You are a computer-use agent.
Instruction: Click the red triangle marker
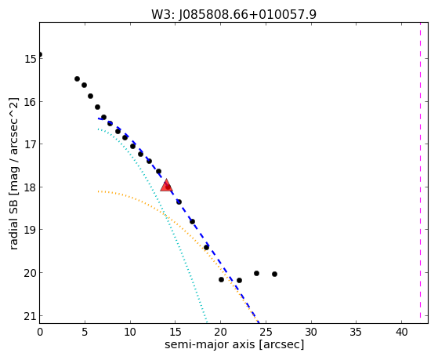[166, 185]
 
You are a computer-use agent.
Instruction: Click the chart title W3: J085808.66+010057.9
[233, 14]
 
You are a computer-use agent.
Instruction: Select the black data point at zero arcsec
[40, 55]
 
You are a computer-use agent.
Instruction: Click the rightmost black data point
[274, 275]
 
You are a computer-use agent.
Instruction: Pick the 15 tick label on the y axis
[31, 59]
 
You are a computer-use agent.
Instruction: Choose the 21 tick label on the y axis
[31, 316]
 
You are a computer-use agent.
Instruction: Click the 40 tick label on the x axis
[401, 332]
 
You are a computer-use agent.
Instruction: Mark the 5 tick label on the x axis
[85, 332]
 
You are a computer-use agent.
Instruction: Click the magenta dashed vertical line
[420, 173]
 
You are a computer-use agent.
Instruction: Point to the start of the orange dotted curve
[98, 191]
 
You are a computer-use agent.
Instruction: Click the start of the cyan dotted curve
[98, 129]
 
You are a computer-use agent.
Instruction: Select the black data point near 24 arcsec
[256, 273]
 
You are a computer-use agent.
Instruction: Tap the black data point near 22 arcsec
[239, 280]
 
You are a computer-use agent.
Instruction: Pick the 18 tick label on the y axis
[31, 187]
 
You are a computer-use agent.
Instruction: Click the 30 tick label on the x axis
[311, 332]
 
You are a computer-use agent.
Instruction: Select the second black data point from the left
[77, 79]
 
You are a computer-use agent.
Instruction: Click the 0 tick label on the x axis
[40, 332]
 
